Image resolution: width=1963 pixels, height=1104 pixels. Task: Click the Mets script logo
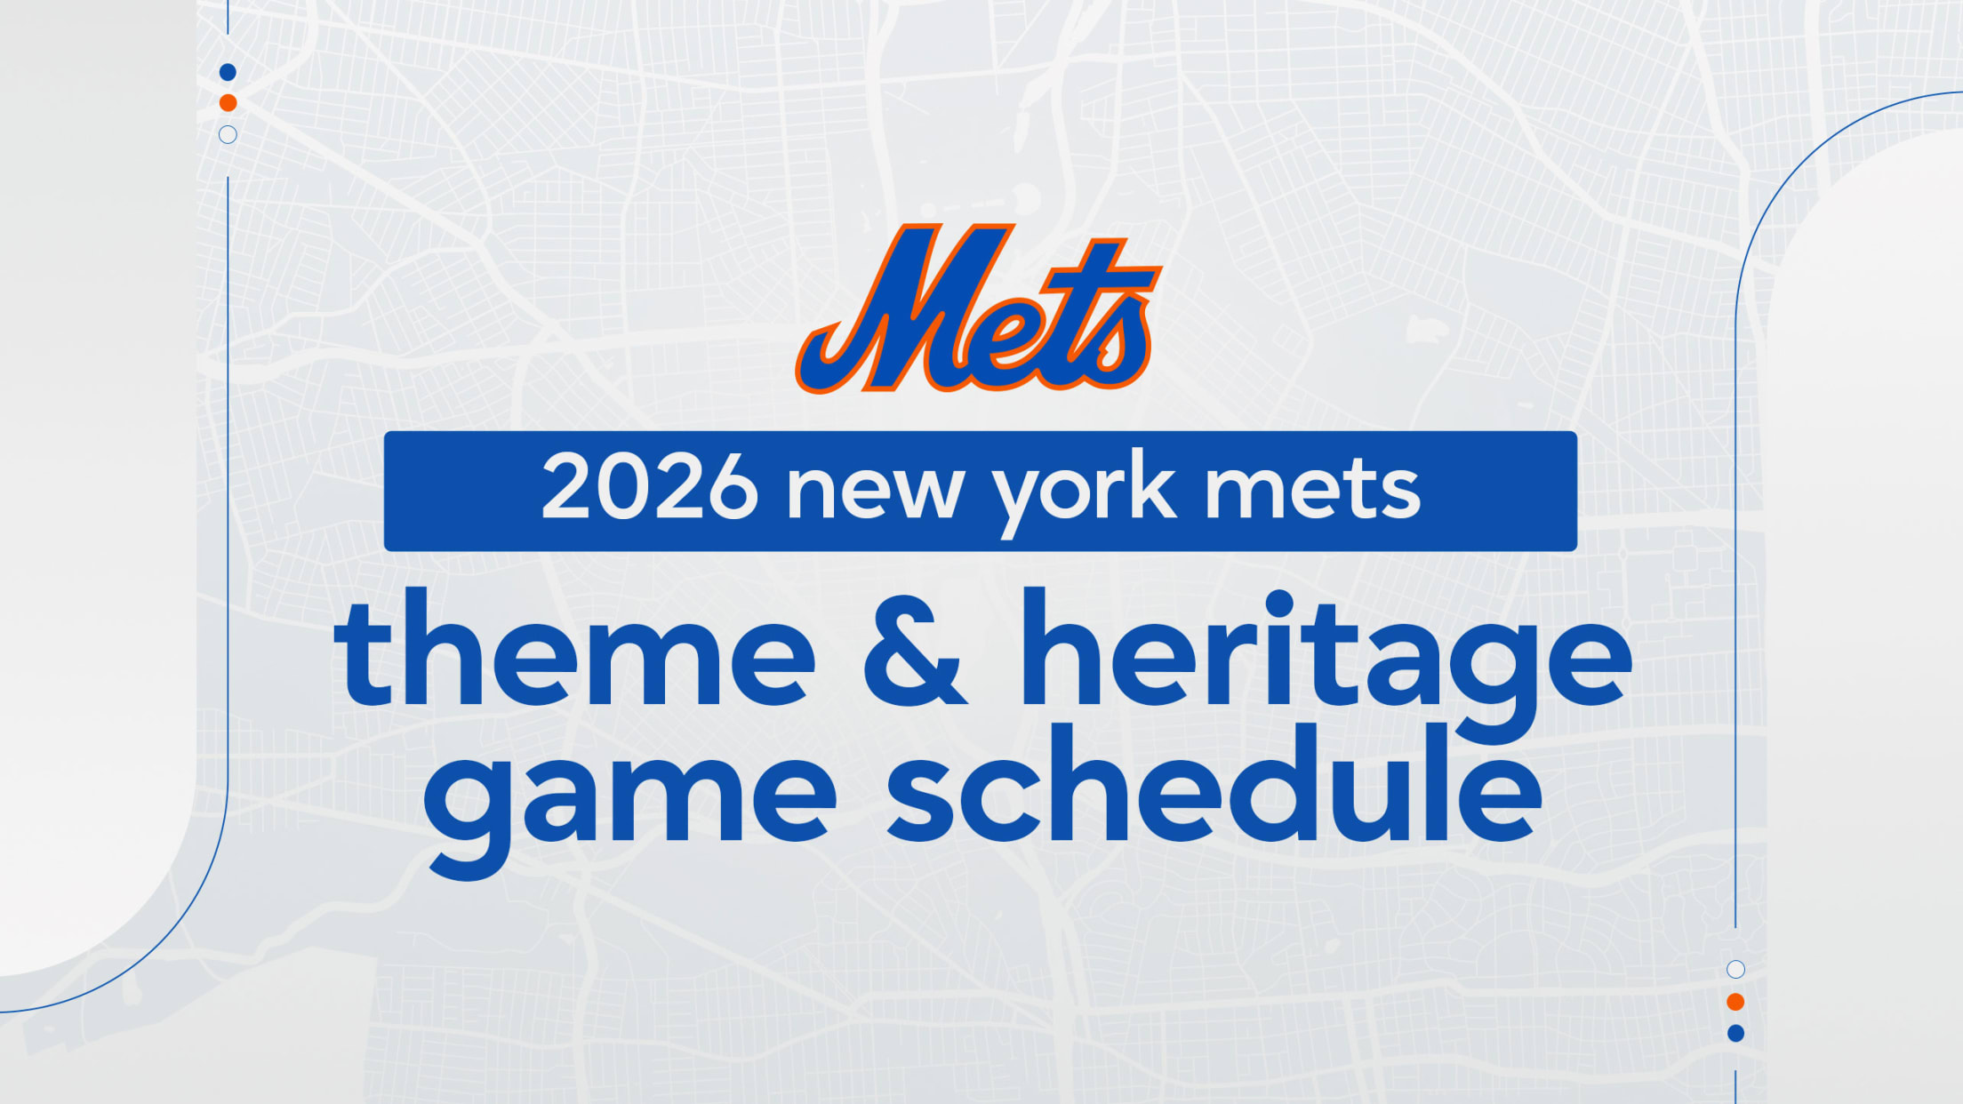pyautogui.click(x=978, y=308)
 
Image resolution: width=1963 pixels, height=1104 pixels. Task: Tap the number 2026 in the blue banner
pyautogui.click(x=649, y=486)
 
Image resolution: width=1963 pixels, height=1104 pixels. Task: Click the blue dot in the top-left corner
pyautogui.click(x=228, y=72)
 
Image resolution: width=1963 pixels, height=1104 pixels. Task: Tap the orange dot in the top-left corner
pyautogui.click(x=228, y=103)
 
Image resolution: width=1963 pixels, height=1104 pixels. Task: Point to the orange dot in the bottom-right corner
pyautogui.click(x=1735, y=1002)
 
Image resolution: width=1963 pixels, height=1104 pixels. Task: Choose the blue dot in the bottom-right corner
pyautogui.click(x=1735, y=1033)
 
